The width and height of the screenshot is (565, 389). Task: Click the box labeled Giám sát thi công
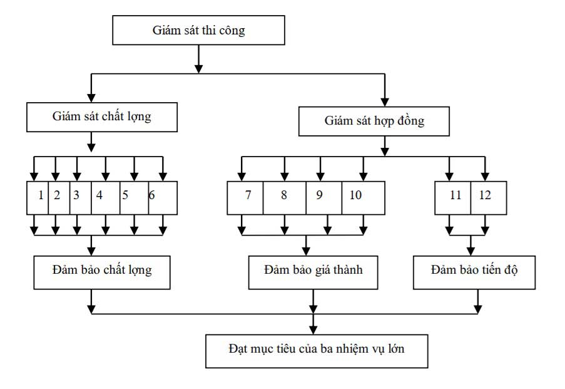[x=198, y=30]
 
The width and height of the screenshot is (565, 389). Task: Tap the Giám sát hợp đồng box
[x=374, y=121]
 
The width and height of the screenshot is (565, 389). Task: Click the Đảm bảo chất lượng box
[x=102, y=271]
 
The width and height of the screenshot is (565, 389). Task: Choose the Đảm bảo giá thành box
[x=313, y=271]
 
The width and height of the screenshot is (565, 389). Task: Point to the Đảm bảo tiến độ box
[x=474, y=271]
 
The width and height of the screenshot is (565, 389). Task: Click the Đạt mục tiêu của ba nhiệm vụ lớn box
[x=317, y=349]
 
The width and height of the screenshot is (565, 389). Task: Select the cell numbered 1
[x=40, y=195]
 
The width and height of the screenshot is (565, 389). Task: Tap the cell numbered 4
[x=99, y=195]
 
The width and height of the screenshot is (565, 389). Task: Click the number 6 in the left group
[x=151, y=195]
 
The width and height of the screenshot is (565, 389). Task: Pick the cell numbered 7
[x=248, y=195]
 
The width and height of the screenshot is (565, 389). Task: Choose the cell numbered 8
[x=284, y=195]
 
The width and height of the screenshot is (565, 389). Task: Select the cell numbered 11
[x=455, y=195]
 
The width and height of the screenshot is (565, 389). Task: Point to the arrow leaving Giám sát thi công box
[x=198, y=60]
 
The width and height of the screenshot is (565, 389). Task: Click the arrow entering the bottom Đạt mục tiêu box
[x=312, y=326]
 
